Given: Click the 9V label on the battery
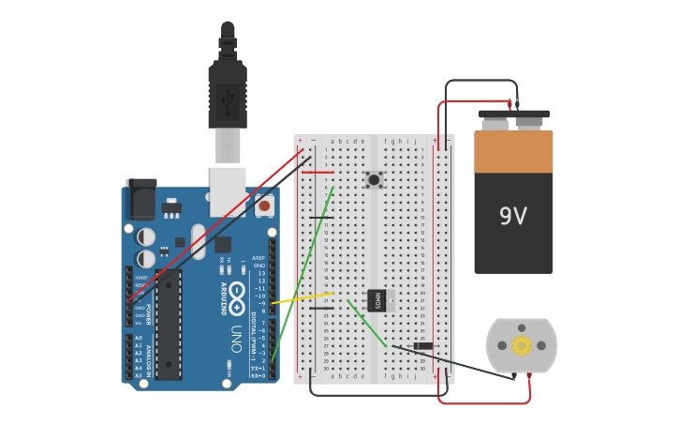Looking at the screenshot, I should (x=513, y=217).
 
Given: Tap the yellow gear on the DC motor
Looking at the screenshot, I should (x=522, y=345).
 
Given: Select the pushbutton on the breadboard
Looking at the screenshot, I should (x=374, y=179).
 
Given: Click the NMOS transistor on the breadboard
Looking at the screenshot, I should (x=377, y=300).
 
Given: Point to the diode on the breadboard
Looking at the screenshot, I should (x=422, y=346).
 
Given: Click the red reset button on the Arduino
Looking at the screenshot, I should (x=264, y=205).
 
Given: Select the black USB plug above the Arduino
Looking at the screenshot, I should (x=228, y=94).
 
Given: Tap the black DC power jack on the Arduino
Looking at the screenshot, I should (x=140, y=199).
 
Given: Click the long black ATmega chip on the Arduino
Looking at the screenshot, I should (x=169, y=324).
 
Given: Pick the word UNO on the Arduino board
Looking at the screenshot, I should (x=237, y=338).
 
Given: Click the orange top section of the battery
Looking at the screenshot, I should (x=513, y=152).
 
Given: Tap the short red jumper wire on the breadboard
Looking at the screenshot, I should (x=317, y=173).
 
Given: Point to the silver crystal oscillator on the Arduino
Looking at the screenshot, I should (x=199, y=241).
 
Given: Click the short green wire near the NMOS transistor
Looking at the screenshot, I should (x=366, y=323).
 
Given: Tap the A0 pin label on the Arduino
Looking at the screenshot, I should (x=139, y=338).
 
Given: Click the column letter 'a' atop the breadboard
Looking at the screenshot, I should (x=332, y=141).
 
